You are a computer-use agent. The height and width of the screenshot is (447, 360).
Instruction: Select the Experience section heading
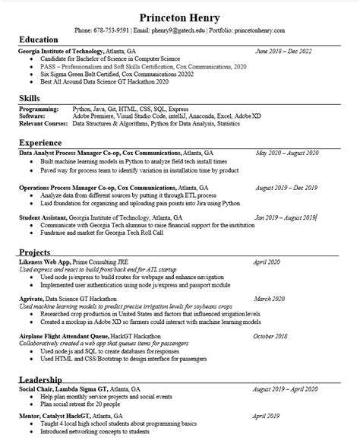39,142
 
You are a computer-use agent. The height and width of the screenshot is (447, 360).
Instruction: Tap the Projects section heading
35,251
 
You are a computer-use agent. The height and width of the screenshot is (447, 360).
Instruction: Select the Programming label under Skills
39,109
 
